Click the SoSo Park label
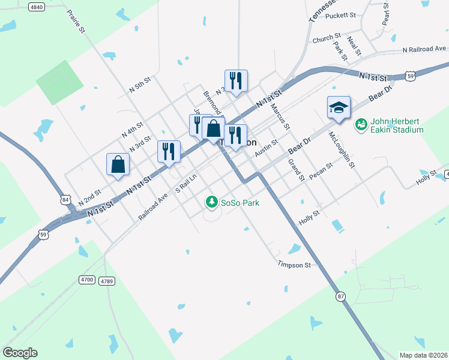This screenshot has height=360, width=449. point(239,203)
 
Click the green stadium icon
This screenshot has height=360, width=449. point(361,125)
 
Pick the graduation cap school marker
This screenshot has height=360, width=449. point(339,108)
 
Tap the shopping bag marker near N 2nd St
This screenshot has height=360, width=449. point(118,164)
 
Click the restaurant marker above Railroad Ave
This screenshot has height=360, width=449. point(169,151)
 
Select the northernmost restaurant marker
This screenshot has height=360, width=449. point(236,81)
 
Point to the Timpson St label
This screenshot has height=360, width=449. point(294,264)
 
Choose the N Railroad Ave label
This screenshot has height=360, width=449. point(424,49)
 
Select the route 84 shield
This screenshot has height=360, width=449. point(65,199)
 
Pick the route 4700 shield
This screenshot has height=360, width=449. point(87,280)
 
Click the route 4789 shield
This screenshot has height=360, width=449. point(107,281)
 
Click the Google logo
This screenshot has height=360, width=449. point(20,353)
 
